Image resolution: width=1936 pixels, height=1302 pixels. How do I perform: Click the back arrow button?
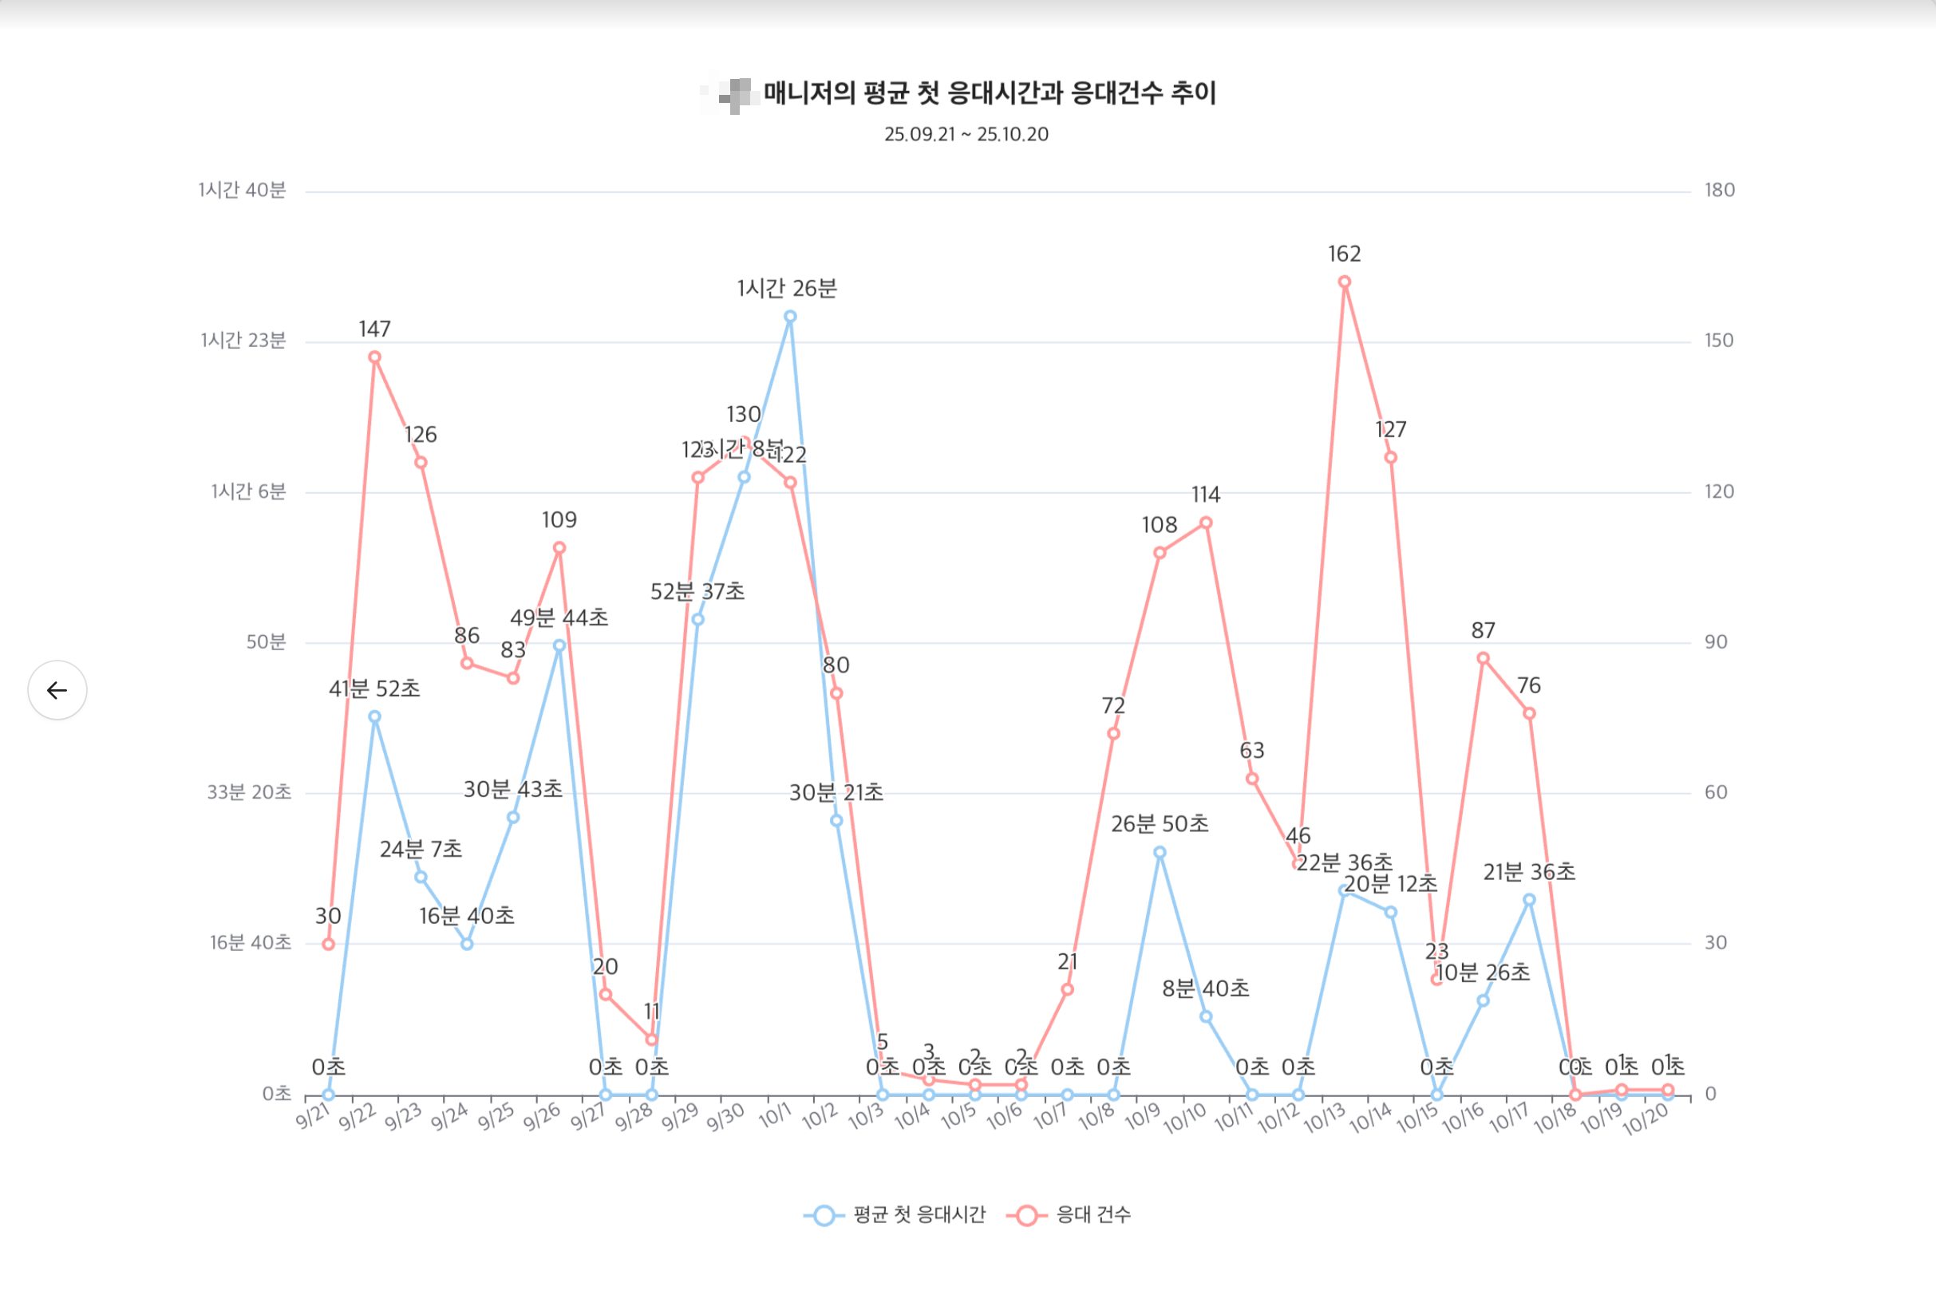(x=57, y=690)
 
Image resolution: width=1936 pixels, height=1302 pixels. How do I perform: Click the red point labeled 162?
(x=1345, y=282)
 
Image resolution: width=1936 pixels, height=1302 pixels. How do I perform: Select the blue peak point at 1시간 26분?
(x=791, y=317)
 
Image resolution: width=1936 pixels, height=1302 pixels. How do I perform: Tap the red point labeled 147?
(x=374, y=358)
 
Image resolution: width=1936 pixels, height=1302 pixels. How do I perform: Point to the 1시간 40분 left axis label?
(x=242, y=190)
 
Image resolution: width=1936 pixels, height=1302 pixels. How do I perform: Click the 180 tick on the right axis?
(x=1719, y=190)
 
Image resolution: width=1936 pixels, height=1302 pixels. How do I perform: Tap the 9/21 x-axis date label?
(x=313, y=1117)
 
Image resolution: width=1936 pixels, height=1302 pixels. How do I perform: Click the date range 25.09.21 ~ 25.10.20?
(x=966, y=135)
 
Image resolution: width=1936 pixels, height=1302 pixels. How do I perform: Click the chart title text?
(x=988, y=93)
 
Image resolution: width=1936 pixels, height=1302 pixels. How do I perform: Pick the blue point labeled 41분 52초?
(x=374, y=716)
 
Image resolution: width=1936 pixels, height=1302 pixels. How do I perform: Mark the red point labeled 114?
(x=1206, y=523)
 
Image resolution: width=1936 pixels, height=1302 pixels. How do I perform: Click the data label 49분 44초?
(x=559, y=617)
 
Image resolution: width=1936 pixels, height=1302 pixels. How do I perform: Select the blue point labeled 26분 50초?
(x=1160, y=853)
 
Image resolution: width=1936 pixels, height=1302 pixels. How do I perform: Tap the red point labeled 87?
(x=1484, y=658)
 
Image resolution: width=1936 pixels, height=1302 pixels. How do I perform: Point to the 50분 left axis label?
(x=266, y=642)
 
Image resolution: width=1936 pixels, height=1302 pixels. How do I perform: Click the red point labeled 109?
(x=559, y=548)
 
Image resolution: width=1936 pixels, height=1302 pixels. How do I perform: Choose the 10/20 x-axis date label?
(x=1646, y=1119)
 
